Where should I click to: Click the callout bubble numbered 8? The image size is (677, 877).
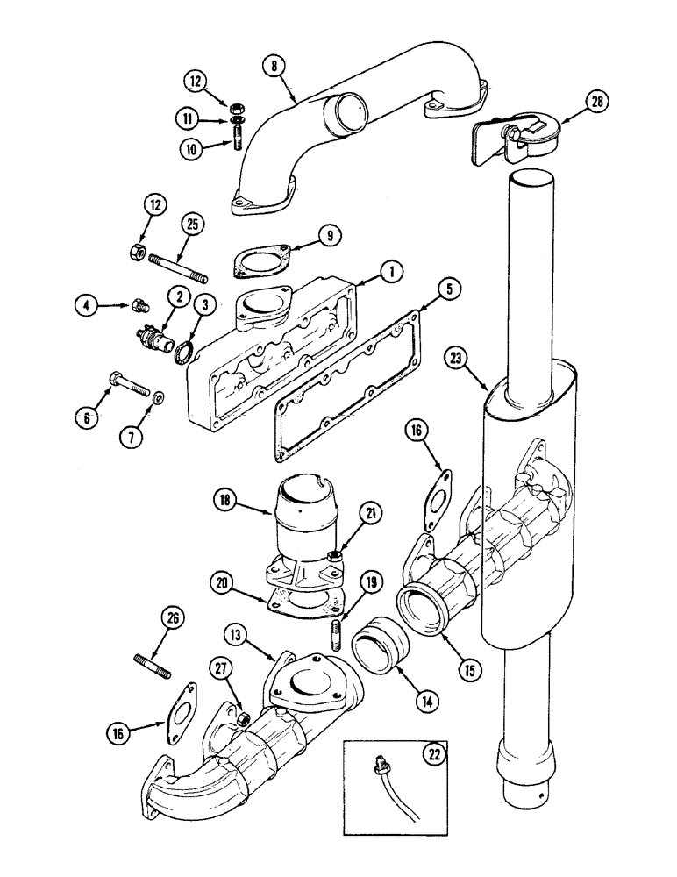pos(278,67)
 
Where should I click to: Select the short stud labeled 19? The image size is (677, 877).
pos(336,631)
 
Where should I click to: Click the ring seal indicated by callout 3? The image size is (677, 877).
pos(186,354)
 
